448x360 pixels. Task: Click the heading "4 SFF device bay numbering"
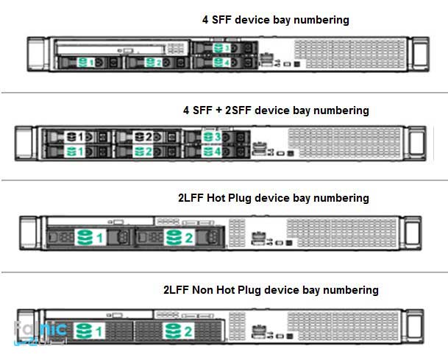(275, 21)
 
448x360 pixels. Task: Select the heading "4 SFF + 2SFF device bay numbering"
(276, 110)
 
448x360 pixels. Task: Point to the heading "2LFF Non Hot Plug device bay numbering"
(271, 290)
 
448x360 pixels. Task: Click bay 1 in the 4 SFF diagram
(87, 63)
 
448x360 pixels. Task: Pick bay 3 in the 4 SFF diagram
(221, 49)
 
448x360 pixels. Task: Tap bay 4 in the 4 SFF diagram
(221, 63)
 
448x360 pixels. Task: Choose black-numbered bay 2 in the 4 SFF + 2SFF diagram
(143, 137)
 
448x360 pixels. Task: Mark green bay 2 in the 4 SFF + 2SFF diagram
(143, 152)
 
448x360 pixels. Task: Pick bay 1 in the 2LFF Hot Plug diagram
(89, 238)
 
